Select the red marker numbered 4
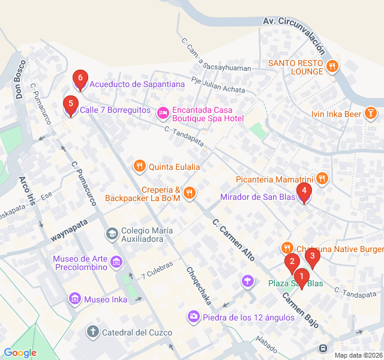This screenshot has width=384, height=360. click(x=305, y=193)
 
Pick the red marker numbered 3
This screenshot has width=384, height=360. click(x=311, y=257)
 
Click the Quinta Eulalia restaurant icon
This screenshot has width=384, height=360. click(x=139, y=166)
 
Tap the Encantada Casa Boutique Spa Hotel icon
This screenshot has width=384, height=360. click(x=163, y=113)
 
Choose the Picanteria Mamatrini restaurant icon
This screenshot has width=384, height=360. click(x=322, y=178)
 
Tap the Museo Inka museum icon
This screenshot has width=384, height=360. click(x=75, y=299)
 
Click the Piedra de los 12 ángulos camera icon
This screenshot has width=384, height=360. click(x=194, y=316)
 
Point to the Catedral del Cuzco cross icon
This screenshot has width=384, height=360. click(x=93, y=332)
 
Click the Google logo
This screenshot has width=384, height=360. click(x=20, y=353)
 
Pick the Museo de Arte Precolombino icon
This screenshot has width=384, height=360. click(x=116, y=262)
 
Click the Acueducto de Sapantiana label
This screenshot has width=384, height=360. click(x=137, y=84)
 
